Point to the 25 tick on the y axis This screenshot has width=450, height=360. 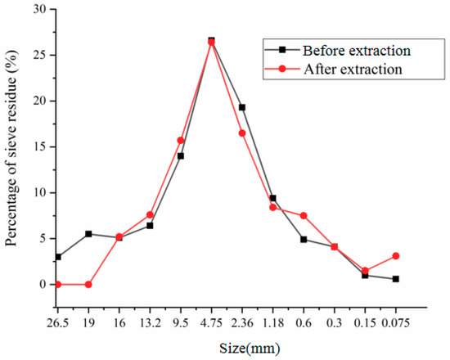(38, 56)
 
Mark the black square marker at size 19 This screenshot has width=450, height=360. (88, 234)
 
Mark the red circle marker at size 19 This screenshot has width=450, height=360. (88, 285)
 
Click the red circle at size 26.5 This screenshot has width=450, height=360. (57, 285)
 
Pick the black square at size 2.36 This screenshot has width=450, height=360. (242, 107)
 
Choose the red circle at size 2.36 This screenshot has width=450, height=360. (242, 133)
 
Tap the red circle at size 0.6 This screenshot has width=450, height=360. (304, 216)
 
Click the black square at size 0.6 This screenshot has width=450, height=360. (304, 240)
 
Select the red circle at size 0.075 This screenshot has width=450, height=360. (396, 256)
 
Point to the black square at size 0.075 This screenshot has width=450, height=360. (396, 279)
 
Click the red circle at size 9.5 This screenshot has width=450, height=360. (181, 141)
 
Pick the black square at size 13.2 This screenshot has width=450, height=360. (150, 226)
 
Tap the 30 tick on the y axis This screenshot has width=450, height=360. (38, 10)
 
